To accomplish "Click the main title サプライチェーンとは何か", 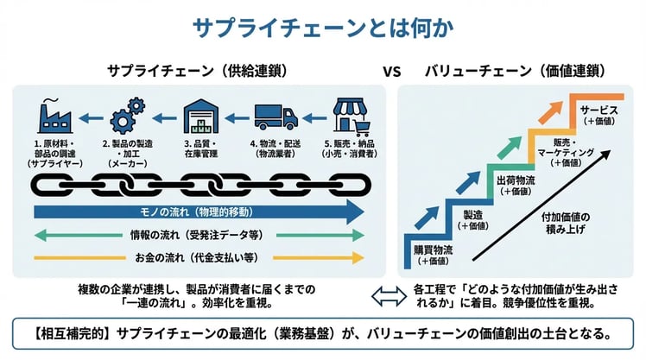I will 322,28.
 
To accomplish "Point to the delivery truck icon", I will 277,116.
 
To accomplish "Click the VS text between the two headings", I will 391,72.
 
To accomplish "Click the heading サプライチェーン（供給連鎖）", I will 197,72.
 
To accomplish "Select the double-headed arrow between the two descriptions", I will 384,295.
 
